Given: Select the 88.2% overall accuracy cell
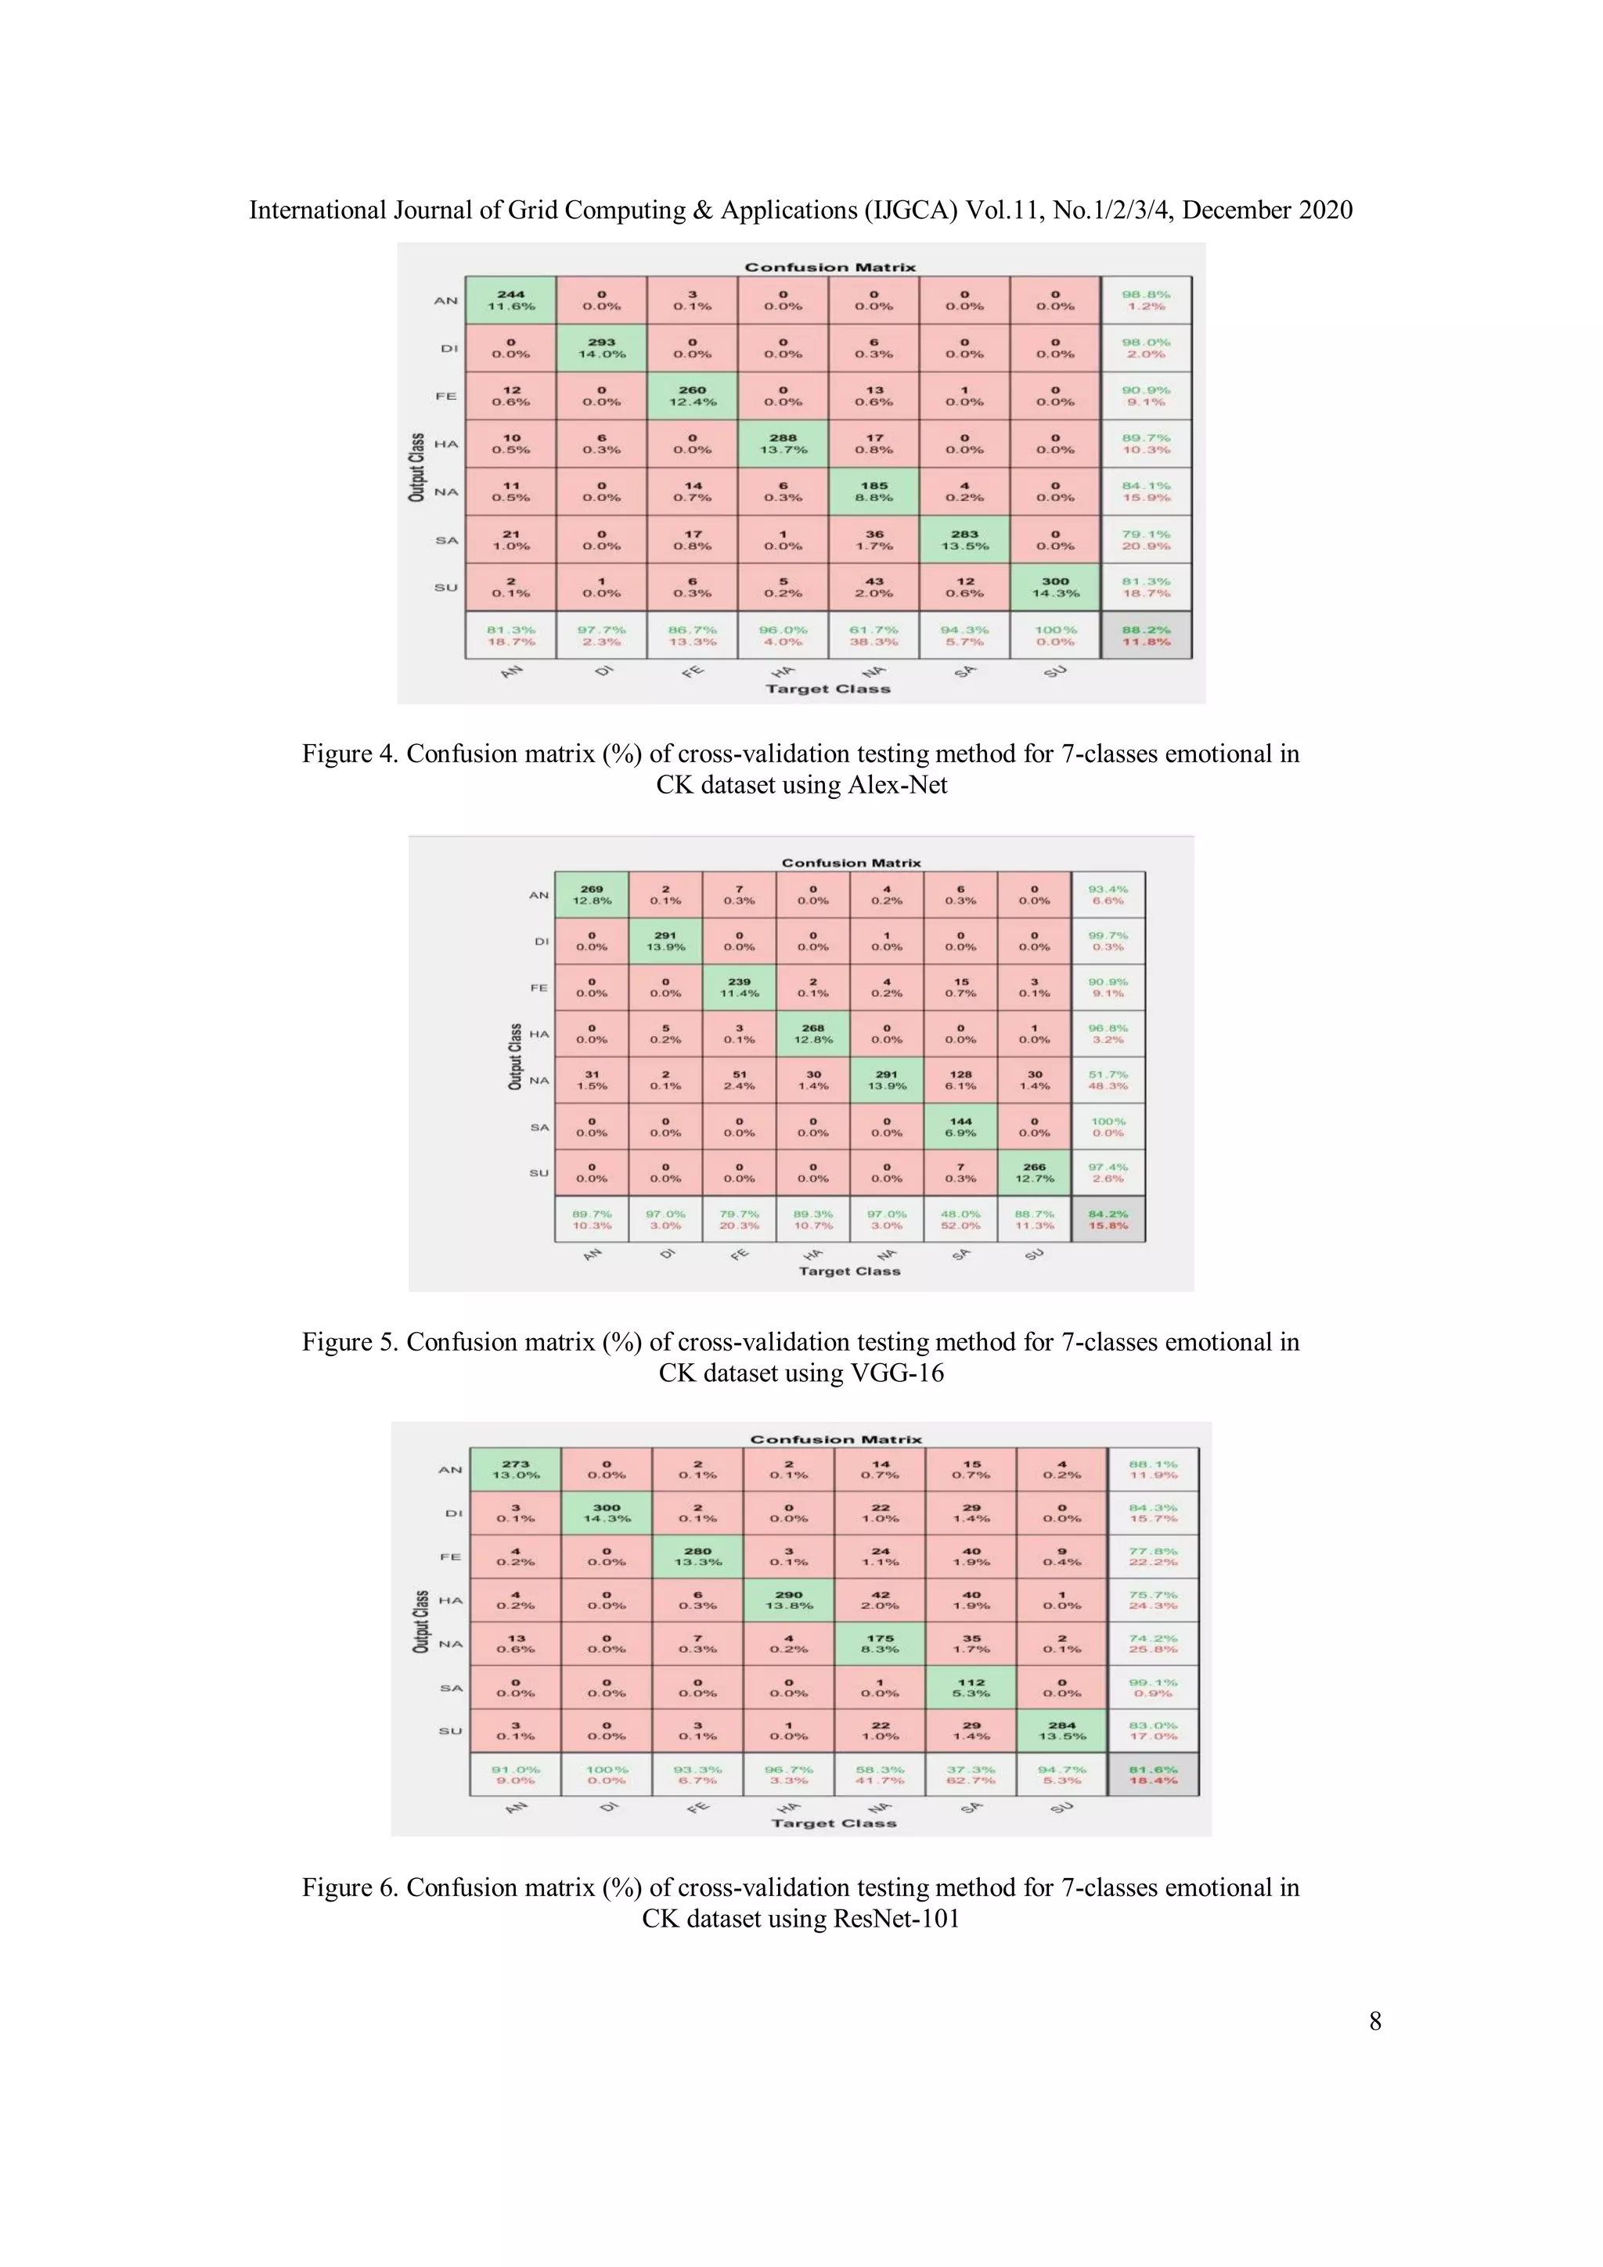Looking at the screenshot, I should (x=1146, y=635).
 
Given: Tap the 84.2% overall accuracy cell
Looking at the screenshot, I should (x=1108, y=1219).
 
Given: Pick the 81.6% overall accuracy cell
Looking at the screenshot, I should (x=1153, y=1774).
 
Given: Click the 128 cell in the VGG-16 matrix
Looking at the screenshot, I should (x=960, y=1080).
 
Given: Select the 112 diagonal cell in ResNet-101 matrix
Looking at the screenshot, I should (x=971, y=1687).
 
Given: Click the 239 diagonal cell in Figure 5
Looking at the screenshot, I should (x=739, y=988).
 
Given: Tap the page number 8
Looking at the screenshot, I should (x=1375, y=2021).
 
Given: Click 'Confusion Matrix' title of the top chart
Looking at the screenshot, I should (x=830, y=268).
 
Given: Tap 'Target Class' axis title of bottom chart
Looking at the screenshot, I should (x=834, y=1823).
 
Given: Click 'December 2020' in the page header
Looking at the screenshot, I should (x=1267, y=211).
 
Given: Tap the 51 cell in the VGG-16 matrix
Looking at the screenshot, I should (x=739, y=1080).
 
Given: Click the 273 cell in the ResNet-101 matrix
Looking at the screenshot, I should (x=516, y=1469).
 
